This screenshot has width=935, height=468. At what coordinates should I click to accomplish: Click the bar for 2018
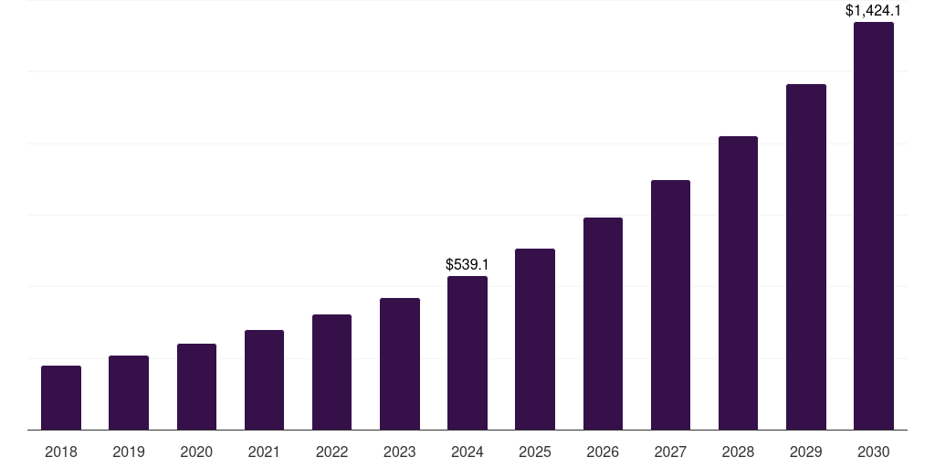pyautogui.click(x=61, y=398)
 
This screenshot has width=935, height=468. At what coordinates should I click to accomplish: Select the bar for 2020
pyautogui.click(x=196, y=387)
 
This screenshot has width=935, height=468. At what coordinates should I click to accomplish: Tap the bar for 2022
pyautogui.click(x=331, y=372)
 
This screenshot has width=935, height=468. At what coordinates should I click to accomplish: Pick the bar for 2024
pyautogui.click(x=467, y=353)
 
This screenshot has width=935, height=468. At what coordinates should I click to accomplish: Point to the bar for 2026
pyautogui.click(x=603, y=324)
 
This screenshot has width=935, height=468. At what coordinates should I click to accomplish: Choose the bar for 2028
pyautogui.click(x=738, y=282)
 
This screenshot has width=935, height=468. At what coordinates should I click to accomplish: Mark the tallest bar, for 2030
pyautogui.click(x=874, y=226)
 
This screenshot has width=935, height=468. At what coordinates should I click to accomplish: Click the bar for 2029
pyautogui.click(x=806, y=257)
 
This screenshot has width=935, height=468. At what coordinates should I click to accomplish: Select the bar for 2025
pyautogui.click(x=535, y=339)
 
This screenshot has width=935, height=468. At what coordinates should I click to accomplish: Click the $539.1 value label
pyautogui.click(x=467, y=264)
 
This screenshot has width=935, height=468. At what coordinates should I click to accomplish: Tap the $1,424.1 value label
pyautogui.click(x=874, y=11)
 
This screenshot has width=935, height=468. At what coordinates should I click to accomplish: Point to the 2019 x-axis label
pyautogui.click(x=129, y=452)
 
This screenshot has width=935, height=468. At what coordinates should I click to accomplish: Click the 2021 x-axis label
pyautogui.click(x=264, y=452)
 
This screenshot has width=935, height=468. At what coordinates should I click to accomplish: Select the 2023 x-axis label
pyautogui.click(x=400, y=452)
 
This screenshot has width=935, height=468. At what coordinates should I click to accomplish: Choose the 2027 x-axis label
pyautogui.click(x=670, y=452)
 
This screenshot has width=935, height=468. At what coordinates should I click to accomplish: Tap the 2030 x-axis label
pyautogui.click(x=874, y=452)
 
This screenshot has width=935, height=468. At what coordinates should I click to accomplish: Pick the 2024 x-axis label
pyautogui.click(x=467, y=452)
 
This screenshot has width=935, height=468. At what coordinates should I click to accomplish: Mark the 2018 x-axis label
pyautogui.click(x=61, y=452)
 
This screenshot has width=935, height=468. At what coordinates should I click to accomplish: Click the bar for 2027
pyautogui.click(x=670, y=304)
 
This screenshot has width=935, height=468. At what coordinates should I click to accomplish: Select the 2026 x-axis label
pyautogui.click(x=603, y=452)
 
